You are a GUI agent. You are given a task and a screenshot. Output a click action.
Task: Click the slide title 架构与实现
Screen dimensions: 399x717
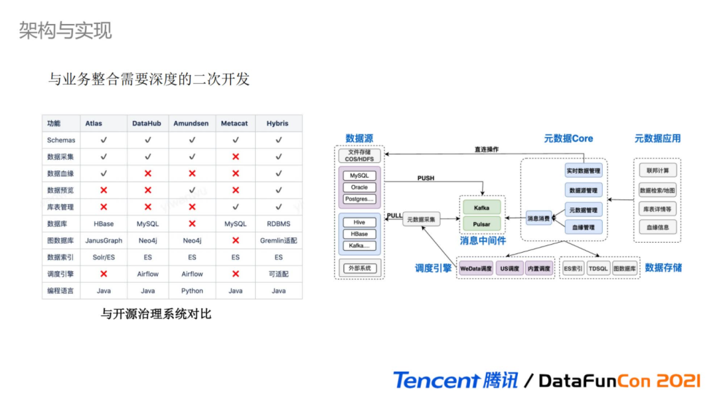(x=65, y=31)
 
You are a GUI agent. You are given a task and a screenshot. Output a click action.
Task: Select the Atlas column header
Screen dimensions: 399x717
(x=93, y=124)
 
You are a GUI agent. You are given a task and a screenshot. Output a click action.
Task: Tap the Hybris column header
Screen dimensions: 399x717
(x=278, y=124)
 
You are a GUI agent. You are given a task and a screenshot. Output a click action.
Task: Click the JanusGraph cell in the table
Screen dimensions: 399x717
(x=104, y=241)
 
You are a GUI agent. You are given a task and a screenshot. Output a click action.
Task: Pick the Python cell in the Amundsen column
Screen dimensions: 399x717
(x=192, y=291)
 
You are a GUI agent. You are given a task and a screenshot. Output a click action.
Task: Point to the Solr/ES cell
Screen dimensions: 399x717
(x=104, y=257)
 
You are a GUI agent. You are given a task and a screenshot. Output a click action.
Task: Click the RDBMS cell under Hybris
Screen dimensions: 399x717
(x=278, y=224)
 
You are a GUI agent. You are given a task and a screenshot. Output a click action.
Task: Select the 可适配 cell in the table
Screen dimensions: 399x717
(x=278, y=274)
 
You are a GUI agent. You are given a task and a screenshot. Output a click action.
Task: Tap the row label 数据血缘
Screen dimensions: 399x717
(x=60, y=174)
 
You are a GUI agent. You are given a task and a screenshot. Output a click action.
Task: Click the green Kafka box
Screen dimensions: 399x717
(x=481, y=208)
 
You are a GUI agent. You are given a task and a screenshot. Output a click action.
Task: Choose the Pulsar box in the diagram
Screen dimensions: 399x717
(x=481, y=224)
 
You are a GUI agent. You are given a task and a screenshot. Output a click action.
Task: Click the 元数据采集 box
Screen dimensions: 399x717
(x=421, y=219)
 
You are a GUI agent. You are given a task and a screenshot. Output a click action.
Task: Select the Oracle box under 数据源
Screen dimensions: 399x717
(x=359, y=188)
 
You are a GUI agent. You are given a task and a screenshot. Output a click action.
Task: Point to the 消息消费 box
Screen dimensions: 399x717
(x=538, y=217)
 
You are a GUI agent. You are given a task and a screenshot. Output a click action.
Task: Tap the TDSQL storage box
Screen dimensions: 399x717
(x=598, y=269)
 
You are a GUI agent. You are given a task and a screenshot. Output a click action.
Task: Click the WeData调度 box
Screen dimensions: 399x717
(x=476, y=269)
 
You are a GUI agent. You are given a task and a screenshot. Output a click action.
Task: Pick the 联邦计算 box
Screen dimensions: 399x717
(x=658, y=171)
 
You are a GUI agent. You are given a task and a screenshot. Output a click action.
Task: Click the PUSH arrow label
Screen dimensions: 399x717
(x=426, y=178)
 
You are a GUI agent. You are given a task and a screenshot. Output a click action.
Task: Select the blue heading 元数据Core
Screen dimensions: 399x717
(x=568, y=138)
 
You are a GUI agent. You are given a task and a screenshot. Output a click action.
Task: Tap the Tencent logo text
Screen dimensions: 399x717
(x=436, y=380)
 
